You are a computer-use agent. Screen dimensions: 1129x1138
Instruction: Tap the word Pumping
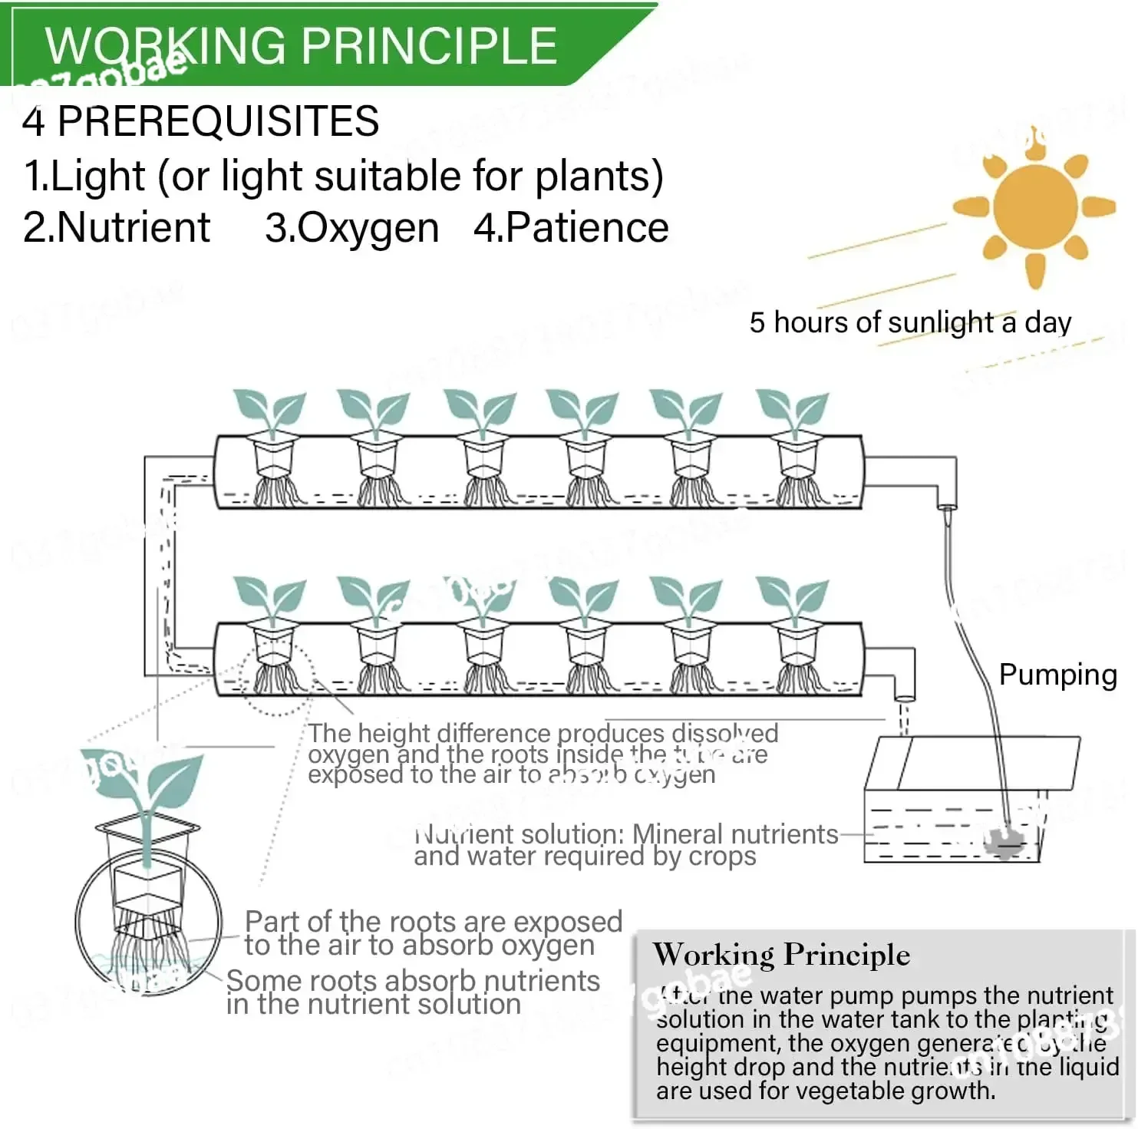pos(1057,675)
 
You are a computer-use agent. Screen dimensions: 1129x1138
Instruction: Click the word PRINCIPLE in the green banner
pos(430,46)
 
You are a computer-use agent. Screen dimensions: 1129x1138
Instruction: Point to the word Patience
pos(586,228)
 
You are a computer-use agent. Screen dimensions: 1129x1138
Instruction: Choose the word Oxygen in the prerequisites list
pos(368,228)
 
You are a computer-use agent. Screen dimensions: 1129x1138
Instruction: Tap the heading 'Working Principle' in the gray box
pos(781,955)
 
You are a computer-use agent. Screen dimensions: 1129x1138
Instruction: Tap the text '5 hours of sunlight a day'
pos(910,322)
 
